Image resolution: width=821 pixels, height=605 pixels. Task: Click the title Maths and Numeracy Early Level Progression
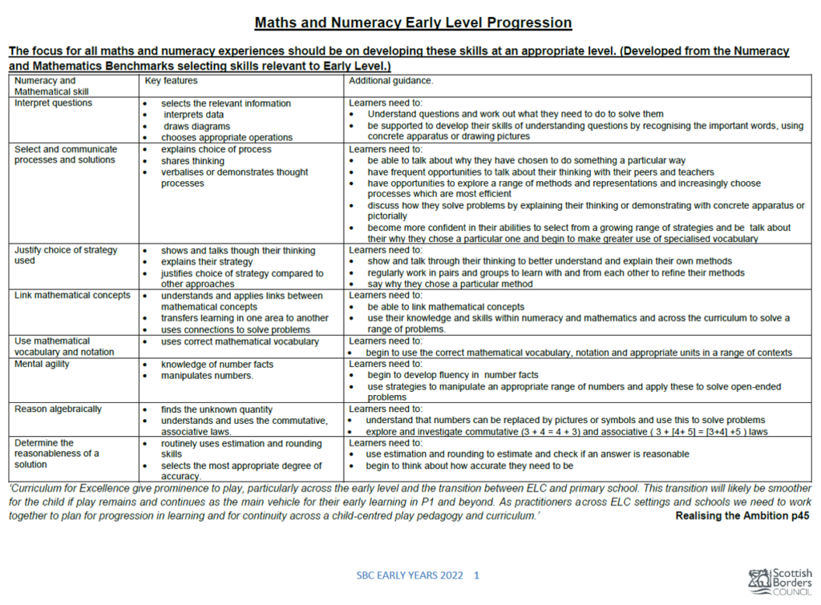point(413,22)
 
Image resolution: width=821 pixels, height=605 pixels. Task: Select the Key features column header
point(171,81)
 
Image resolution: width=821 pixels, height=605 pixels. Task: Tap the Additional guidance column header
point(390,81)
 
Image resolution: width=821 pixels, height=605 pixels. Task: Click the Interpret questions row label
point(53,103)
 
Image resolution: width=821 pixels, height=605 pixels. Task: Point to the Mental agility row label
point(42,364)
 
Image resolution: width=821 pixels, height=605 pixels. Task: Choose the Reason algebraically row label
point(58,409)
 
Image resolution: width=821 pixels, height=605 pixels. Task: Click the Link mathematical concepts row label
point(72,296)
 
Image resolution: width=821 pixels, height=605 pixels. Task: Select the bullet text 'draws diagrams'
point(196,127)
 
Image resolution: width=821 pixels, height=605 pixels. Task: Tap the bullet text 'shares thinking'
point(192,161)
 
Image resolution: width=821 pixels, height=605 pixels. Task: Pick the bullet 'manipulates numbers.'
point(207,376)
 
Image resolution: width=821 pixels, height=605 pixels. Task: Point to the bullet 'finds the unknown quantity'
point(216,409)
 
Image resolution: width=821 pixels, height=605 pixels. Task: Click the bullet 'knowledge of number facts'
point(216,365)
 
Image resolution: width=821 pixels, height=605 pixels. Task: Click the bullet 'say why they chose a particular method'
point(450,284)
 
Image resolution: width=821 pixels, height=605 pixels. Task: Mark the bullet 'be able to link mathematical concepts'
point(446,307)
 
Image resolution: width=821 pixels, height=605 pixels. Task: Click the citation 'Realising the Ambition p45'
point(742,516)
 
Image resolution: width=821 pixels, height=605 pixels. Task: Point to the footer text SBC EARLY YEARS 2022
point(410,575)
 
